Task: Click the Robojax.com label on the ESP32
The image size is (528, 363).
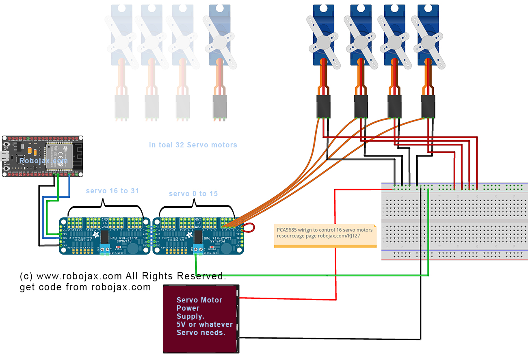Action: pyautogui.click(x=43, y=161)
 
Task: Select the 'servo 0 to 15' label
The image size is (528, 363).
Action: pyautogui.click(x=193, y=194)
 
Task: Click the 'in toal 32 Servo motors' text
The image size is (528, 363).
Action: pyautogui.click(x=193, y=145)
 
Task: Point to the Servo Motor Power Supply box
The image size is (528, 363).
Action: pyautogui.click(x=200, y=318)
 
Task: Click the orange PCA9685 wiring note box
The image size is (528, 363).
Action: pyautogui.click(x=325, y=236)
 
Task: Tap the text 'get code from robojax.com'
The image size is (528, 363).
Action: pyautogui.click(x=85, y=287)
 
